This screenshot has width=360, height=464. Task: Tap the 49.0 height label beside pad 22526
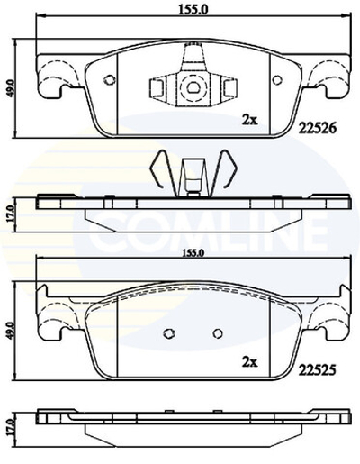click(11, 91)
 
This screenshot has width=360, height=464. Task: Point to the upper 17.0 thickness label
click(11, 213)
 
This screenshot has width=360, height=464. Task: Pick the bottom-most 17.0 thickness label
click(11, 425)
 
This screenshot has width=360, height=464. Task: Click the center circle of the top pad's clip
click(192, 88)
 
